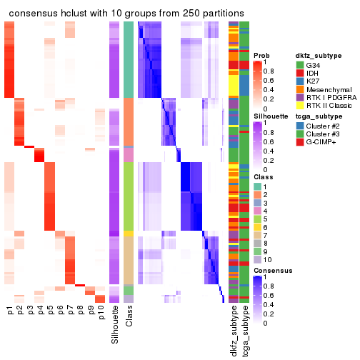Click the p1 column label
[10, 311]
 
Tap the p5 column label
[50, 311]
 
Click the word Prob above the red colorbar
[261, 56]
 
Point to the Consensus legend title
[273, 271]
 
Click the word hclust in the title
[84, 14]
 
